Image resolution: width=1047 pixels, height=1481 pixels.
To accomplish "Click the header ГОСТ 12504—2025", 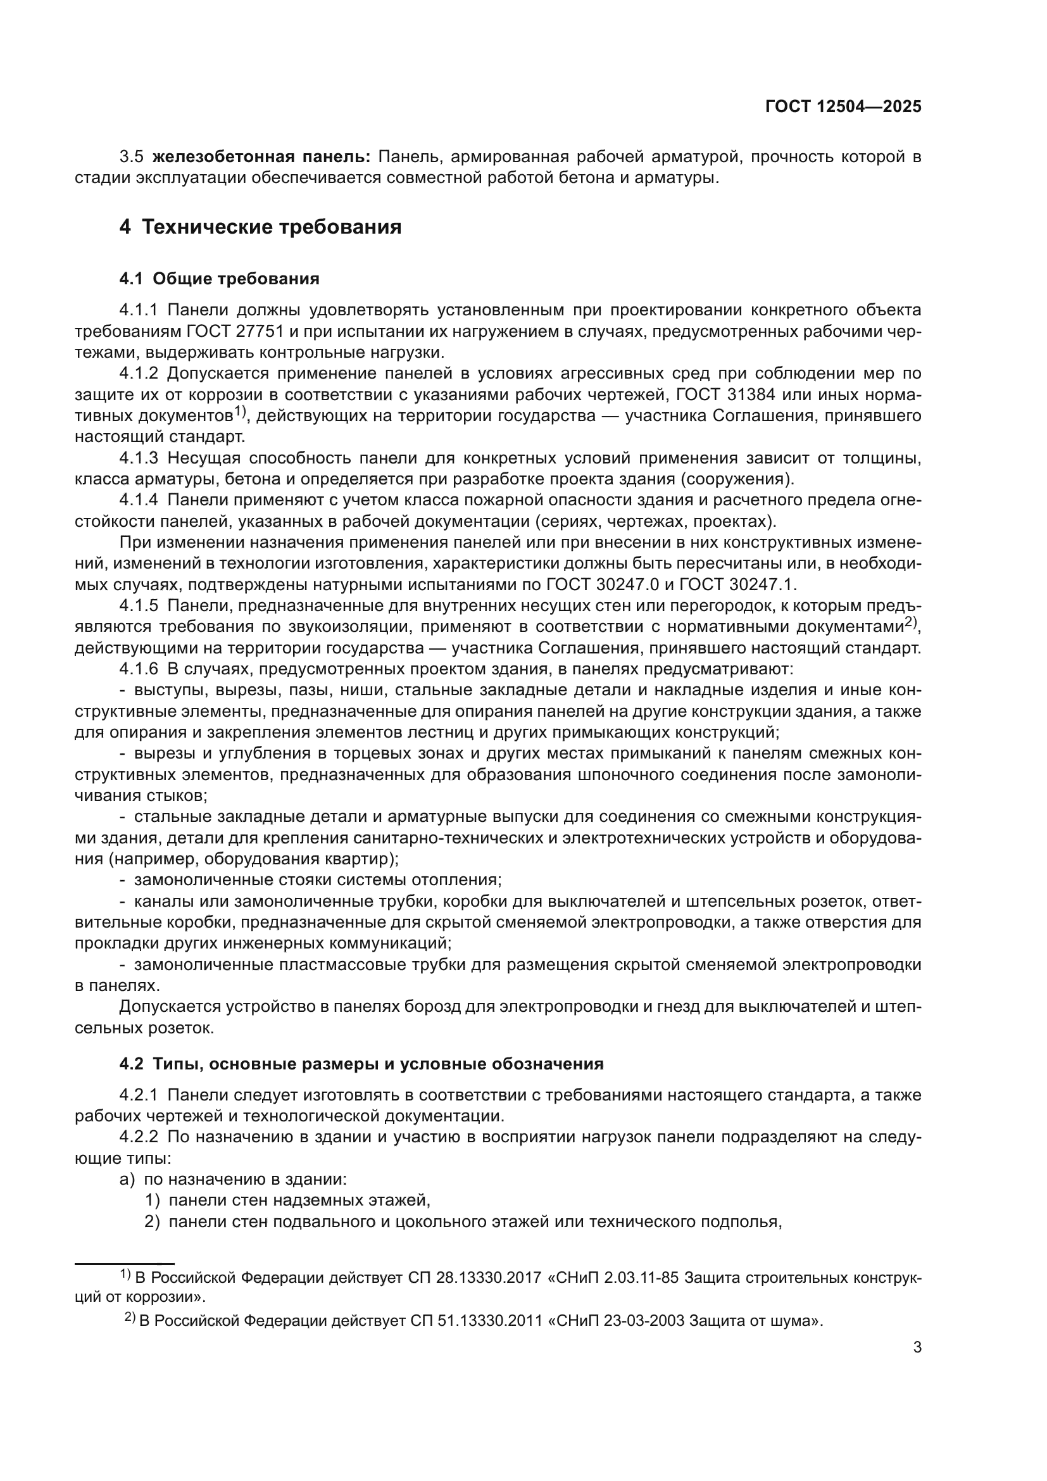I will [843, 106].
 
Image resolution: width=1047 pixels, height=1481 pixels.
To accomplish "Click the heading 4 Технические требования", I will [260, 227].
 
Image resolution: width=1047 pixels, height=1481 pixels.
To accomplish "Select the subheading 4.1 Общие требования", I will [219, 279].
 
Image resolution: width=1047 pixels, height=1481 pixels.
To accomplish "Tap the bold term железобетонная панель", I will [261, 157].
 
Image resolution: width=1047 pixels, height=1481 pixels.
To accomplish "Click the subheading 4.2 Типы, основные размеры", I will [361, 1064].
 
